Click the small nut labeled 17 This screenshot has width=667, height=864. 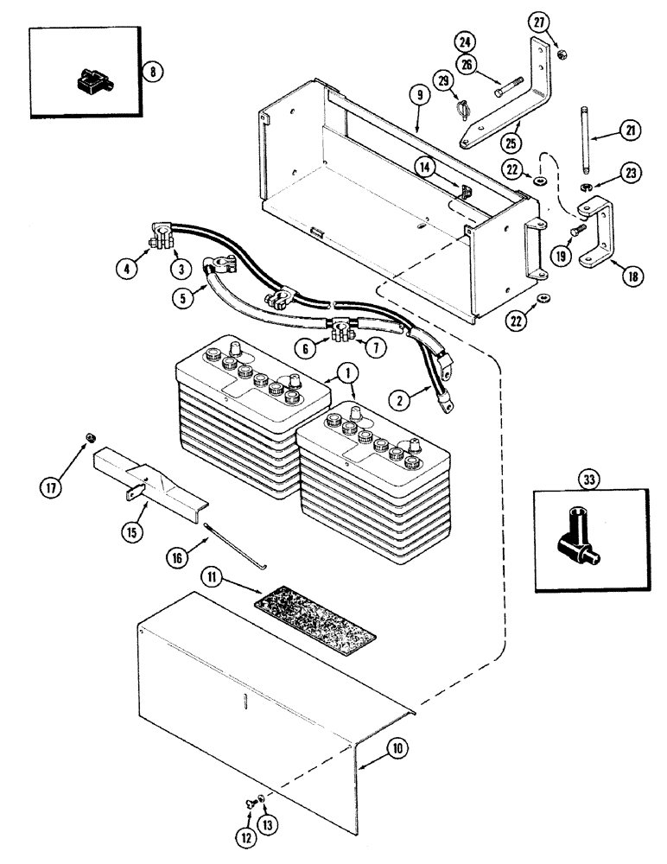pyautogui.click(x=89, y=437)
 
